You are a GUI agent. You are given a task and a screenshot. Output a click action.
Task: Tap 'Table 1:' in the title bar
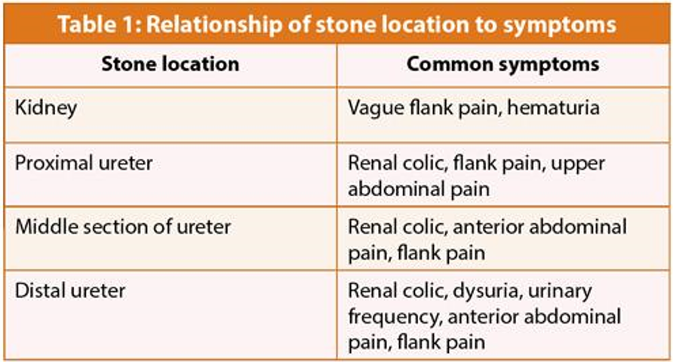coord(100,24)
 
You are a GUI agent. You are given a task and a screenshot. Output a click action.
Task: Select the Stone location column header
coord(171,64)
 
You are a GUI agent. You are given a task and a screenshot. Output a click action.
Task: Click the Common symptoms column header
coord(503,65)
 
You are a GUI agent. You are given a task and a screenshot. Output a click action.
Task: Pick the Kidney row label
coord(46,108)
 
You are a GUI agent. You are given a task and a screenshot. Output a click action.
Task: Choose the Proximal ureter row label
coord(84,164)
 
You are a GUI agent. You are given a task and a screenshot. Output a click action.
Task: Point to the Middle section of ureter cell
coord(123,227)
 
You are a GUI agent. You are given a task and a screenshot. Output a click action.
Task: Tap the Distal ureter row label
coord(70,291)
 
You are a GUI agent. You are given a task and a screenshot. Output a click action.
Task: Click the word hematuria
coord(553,108)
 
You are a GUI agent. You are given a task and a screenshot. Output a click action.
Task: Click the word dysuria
coord(487,292)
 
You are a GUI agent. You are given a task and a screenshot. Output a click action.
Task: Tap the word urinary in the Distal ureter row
coord(560,292)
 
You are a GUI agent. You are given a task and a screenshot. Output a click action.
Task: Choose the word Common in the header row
coord(450,64)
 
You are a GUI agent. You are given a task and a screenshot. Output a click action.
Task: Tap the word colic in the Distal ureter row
coord(424,291)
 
